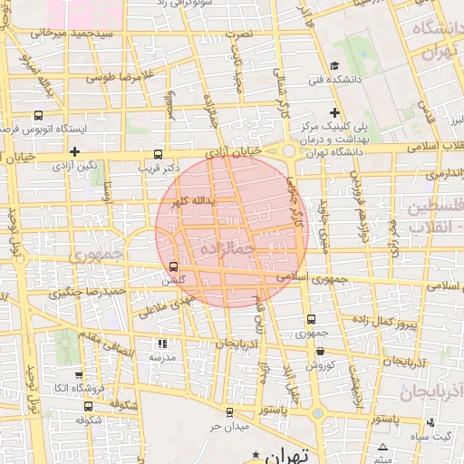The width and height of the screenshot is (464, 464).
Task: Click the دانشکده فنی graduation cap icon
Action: (334, 65)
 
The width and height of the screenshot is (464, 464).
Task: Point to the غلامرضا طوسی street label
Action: (117, 78)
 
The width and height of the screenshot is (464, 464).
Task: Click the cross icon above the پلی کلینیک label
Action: (334, 112)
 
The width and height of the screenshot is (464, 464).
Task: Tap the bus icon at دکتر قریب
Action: (159, 154)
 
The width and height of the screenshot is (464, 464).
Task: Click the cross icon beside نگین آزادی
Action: (74, 151)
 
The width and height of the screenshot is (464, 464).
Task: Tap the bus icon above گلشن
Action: (173, 266)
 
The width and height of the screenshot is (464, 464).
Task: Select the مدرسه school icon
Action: (162, 343)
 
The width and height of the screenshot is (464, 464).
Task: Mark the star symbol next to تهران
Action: (256, 453)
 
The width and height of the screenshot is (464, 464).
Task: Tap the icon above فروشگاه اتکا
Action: (80, 375)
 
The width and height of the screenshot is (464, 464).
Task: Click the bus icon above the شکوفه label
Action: (112, 406)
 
